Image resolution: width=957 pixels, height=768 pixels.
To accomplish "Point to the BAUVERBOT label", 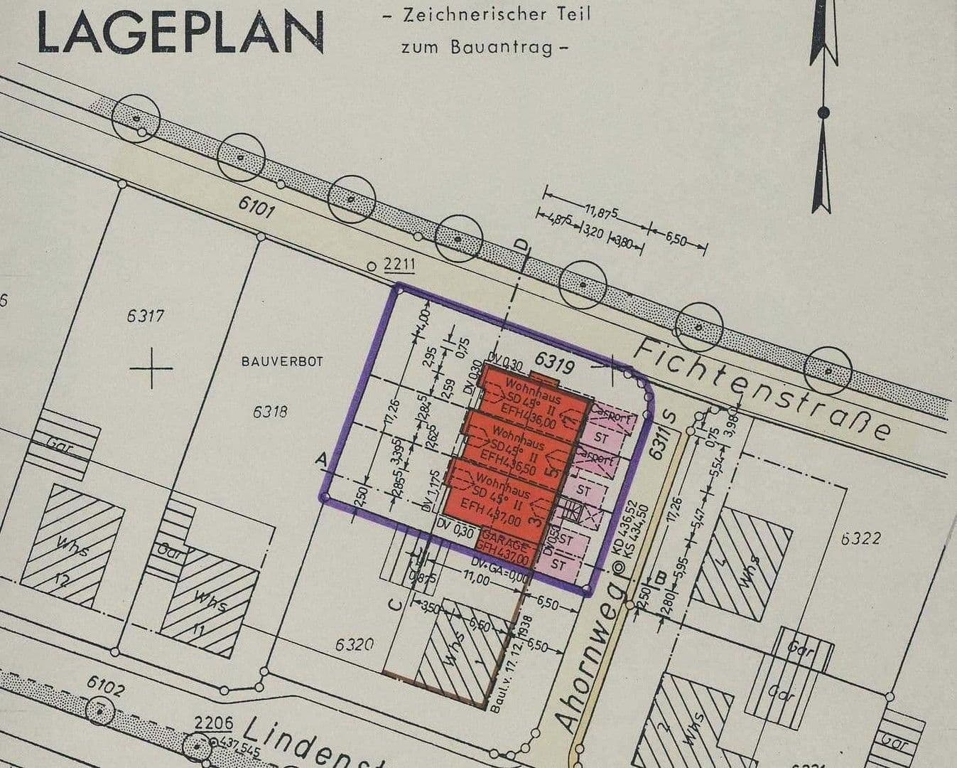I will pyautogui.click(x=282, y=361).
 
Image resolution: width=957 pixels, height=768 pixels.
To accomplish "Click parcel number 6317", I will pyautogui.click(x=146, y=316).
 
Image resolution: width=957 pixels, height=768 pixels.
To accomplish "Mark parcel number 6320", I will pyautogui.click(x=355, y=645).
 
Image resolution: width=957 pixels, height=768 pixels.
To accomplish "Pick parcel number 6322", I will pyautogui.click(x=860, y=538).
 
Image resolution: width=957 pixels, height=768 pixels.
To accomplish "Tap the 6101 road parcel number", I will pyautogui.click(x=256, y=209).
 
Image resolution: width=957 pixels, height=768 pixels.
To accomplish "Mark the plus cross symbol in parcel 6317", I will pyautogui.click(x=151, y=368).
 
